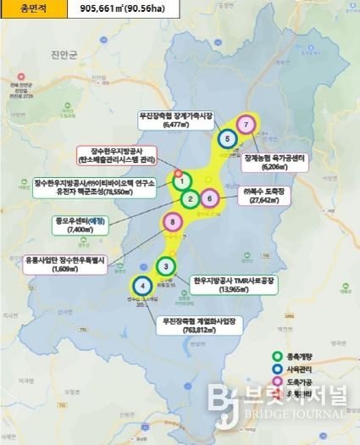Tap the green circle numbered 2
pos(191,199)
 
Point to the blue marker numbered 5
pos(226,138)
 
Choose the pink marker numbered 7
pos(246,125)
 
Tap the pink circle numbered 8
pos(173,222)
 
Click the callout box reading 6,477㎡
pos(175,119)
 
